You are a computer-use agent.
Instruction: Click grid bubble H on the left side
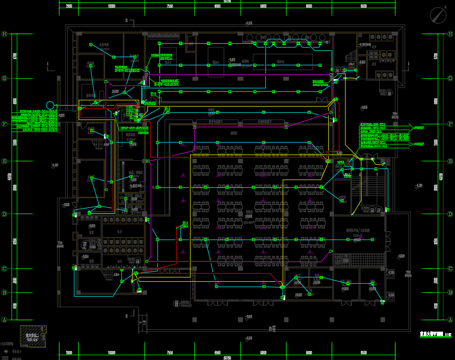point(5,34)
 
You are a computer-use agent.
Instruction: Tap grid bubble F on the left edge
point(5,124)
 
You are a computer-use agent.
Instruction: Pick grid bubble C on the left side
point(5,268)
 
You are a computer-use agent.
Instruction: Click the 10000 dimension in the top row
point(112,6)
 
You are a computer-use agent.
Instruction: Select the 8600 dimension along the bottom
point(363,353)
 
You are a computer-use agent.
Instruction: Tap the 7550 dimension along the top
point(169,6)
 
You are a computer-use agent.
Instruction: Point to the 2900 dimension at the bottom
point(69,353)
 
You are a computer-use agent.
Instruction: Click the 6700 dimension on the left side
point(15,56)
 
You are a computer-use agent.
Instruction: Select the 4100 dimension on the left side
point(15,306)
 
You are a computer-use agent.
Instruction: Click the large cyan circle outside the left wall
point(49,105)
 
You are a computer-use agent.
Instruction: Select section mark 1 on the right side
point(408,64)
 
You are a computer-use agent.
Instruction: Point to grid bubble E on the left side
point(5,162)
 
